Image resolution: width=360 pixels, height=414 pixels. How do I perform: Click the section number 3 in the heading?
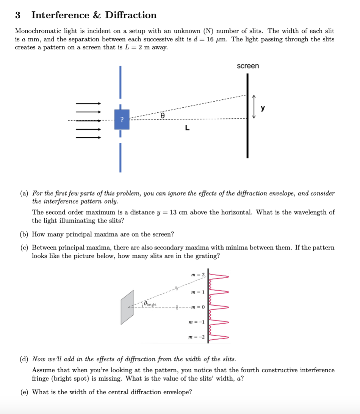pos(17,15)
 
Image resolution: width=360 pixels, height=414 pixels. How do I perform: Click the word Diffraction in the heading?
pos(130,15)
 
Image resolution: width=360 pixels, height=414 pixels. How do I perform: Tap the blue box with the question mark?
pos(122,119)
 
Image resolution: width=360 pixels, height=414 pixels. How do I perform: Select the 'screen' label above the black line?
pos(248,66)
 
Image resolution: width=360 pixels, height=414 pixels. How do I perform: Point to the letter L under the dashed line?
pos(187,128)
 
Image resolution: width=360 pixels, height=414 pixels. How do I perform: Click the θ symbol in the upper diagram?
pos(162,115)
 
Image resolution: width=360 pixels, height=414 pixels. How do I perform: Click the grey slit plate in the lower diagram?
pos(127,307)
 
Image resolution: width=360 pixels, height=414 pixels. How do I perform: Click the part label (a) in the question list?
pos(24,193)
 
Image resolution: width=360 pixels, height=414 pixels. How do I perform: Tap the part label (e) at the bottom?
pos(24,392)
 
